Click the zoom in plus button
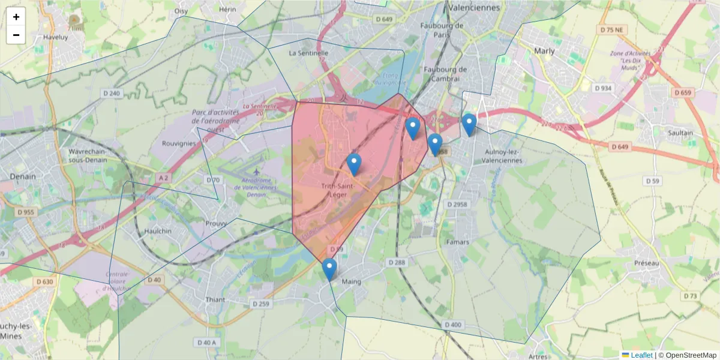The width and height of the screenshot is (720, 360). coord(16,17)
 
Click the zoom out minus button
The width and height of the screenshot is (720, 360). coord(16,35)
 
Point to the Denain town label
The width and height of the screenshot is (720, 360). coord(23,176)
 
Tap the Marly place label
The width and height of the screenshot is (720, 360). coord(544,51)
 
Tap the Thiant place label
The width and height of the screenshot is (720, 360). coord(215,299)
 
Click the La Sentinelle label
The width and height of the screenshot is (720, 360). coord(308,53)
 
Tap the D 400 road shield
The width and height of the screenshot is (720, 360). coord(453,325)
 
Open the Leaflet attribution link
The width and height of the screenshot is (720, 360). coord(641,355)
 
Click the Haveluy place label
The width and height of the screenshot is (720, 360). coord(56,36)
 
